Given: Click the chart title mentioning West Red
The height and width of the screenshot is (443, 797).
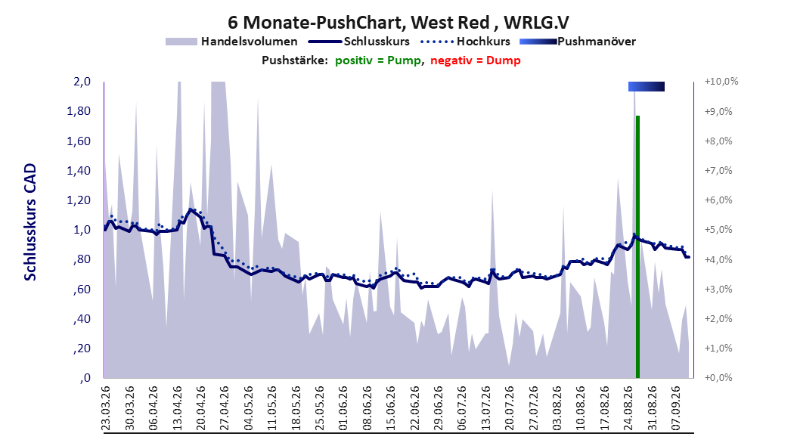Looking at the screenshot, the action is [398, 23].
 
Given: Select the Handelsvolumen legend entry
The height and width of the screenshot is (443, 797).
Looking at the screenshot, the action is [232, 42].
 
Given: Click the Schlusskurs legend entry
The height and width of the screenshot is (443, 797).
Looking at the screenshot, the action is [359, 42].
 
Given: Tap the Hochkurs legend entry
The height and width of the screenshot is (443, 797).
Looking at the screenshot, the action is [465, 42].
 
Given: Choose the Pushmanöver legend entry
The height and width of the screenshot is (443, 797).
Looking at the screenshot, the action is [578, 42].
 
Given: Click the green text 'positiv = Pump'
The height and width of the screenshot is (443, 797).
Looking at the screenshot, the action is [378, 60].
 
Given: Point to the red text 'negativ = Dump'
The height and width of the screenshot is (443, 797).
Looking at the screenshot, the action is [476, 60].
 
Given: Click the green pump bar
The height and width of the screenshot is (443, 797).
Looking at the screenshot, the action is [637, 247].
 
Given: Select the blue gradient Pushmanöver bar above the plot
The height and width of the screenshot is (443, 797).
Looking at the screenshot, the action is [646, 86].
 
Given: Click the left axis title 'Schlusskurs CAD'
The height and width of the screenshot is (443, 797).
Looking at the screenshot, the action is [30, 222].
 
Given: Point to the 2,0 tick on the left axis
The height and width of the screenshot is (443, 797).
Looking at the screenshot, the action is [82, 82].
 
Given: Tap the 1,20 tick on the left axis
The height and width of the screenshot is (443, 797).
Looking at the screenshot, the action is [79, 200].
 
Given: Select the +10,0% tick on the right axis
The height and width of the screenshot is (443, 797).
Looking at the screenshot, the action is [721, 82].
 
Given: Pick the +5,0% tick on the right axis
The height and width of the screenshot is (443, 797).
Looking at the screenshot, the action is [718, 230].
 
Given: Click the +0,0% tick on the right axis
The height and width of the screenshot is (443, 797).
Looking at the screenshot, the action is [718, 378].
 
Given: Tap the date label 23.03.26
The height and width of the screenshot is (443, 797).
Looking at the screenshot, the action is [106, 408].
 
